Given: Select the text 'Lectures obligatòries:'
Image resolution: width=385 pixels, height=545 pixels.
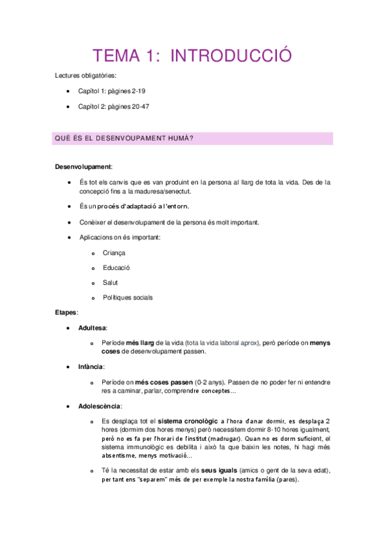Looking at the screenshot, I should (85, 76).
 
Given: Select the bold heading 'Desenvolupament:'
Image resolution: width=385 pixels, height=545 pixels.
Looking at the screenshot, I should (84, 166).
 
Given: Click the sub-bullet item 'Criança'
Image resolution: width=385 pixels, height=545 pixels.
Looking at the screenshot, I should (114, 253).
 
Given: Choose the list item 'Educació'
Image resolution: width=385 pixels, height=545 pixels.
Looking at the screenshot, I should (116, 268).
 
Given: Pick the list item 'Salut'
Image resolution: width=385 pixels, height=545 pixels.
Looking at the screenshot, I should (110, 283).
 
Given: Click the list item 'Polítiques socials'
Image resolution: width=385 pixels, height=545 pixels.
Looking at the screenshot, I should (127, 298).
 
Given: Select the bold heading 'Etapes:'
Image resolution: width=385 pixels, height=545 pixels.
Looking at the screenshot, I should (67, 312).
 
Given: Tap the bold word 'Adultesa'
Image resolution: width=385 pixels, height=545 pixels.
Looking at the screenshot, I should (93, 328).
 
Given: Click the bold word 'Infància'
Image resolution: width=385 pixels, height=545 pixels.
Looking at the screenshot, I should (91, 366).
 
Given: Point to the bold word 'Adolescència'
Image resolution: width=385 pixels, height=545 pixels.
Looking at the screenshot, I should (98, 406).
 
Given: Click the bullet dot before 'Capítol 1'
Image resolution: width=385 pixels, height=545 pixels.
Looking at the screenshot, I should (69, 91).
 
